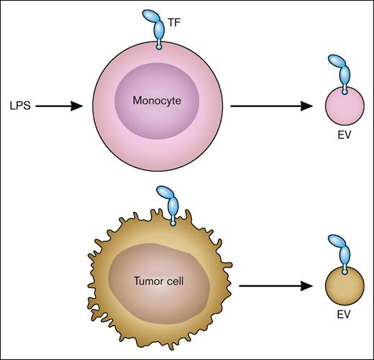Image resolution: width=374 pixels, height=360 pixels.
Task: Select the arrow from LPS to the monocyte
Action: click(59, 106)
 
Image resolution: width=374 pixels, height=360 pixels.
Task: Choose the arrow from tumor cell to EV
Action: click(275, 285)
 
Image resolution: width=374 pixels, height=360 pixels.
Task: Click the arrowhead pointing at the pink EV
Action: click(308, 106)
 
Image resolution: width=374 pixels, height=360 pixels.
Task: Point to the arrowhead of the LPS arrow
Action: click(79, 106)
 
